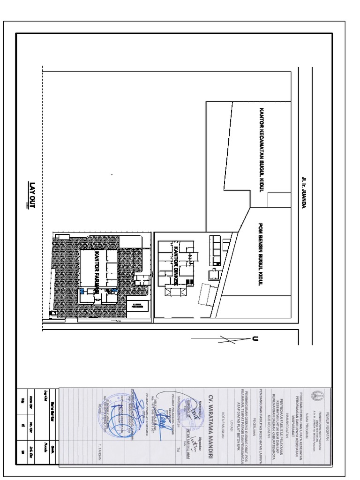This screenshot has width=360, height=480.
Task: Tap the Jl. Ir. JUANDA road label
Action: (x=304, y=192)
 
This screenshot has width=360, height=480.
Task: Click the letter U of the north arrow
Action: (x=255, y=339)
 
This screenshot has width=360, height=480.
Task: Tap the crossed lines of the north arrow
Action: (x=227, y=340)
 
